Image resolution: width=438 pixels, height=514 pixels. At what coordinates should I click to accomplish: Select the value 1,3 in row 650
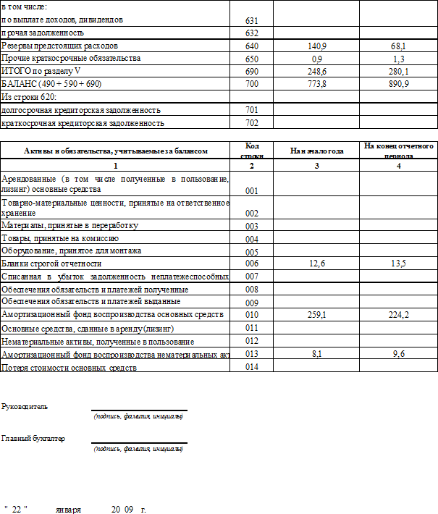tap(397, 59)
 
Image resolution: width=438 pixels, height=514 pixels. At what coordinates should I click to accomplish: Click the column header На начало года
tap(316, 151)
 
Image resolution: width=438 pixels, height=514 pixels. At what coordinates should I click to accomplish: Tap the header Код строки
tap(252, 151)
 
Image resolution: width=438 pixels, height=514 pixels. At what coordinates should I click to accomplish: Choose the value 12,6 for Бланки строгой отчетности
tap(316, 264)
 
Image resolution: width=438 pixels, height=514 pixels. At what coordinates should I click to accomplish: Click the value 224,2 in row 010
tap(397, 316)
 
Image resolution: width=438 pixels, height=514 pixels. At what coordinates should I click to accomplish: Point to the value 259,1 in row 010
tap(316, 316)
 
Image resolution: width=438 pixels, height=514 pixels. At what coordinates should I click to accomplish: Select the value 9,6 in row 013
tap(397, 355)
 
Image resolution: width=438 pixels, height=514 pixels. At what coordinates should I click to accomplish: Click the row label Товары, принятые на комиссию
tap(61, 238)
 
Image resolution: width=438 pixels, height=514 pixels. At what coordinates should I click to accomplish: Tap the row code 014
tap(252, 368)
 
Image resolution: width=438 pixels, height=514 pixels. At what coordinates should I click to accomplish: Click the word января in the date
tap(69, 510)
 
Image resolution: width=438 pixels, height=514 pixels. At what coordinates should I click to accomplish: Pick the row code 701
tap(252, 111)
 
